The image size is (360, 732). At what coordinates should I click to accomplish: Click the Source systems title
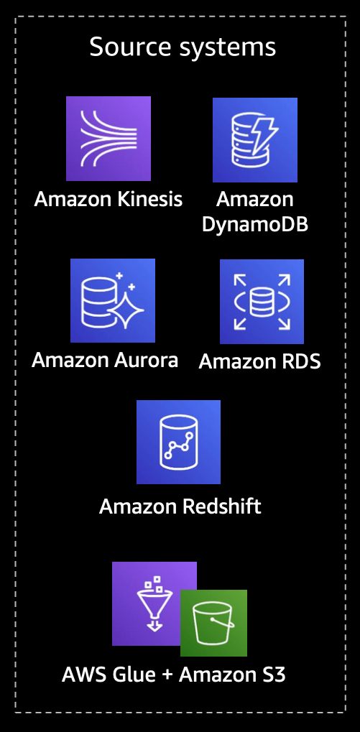point(183,47)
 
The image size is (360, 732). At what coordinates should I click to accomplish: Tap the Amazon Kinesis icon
point(109,139)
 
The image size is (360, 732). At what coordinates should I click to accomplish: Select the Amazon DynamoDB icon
point(255,139)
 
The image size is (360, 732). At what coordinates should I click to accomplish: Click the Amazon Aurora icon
point(113,301)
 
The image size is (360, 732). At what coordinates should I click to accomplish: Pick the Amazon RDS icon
point(262,302)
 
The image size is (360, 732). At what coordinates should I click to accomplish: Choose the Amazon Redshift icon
point(178,442)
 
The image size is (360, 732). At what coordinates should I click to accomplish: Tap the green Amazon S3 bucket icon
point(214,624)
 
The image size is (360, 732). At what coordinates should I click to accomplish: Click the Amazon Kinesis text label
point(109,199)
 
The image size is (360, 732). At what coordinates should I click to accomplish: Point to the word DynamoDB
point(255,225)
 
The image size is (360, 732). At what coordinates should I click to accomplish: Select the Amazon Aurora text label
point(105,360)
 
